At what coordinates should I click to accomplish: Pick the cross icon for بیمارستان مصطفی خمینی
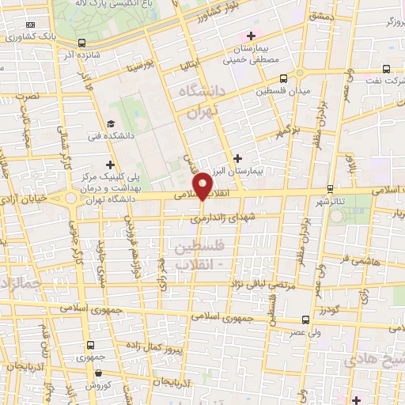pyautogui.click(x=252, y=36)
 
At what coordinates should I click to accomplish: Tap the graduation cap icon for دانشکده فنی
pyautogui.click(x=111, y=124)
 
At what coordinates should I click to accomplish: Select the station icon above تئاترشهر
pyautogui.click(x=331, y=189)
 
